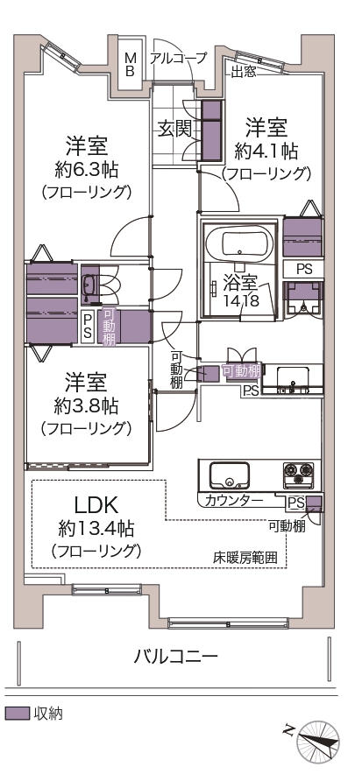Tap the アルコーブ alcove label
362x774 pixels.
coord(178,59)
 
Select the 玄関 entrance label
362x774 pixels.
coord(174,129)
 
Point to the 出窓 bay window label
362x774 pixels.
coord(244,72)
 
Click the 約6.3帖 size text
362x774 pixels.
coord(87,170)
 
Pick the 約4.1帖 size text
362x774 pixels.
coord(266,152)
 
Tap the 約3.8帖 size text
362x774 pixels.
coord(87,406)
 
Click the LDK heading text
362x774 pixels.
coord(96,504)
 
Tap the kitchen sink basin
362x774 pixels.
coord(229,475)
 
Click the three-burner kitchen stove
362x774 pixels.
coord(298,474)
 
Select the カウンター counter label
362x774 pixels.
coord(233,501)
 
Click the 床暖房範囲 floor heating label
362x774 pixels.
coord(245,558)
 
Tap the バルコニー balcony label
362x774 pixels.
coord(176,657)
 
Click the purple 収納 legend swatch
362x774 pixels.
coord(18,714)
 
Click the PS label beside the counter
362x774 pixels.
coord(295,503)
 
